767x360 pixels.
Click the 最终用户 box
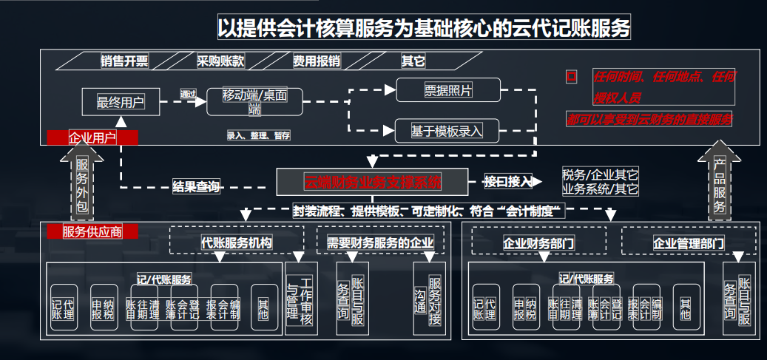pos(121,102)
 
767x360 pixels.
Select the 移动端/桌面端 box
pos(255,102)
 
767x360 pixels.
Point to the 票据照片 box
pos(448,90)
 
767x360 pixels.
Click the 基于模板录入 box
pos(447,131)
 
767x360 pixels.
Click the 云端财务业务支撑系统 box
pos(373,181)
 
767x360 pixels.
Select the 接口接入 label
pos(509,181)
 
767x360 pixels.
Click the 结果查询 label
pos(196,186)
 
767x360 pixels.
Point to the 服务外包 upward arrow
pos(82,180)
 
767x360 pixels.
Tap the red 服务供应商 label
pos(92,232)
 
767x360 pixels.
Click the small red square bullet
pos(570,76)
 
